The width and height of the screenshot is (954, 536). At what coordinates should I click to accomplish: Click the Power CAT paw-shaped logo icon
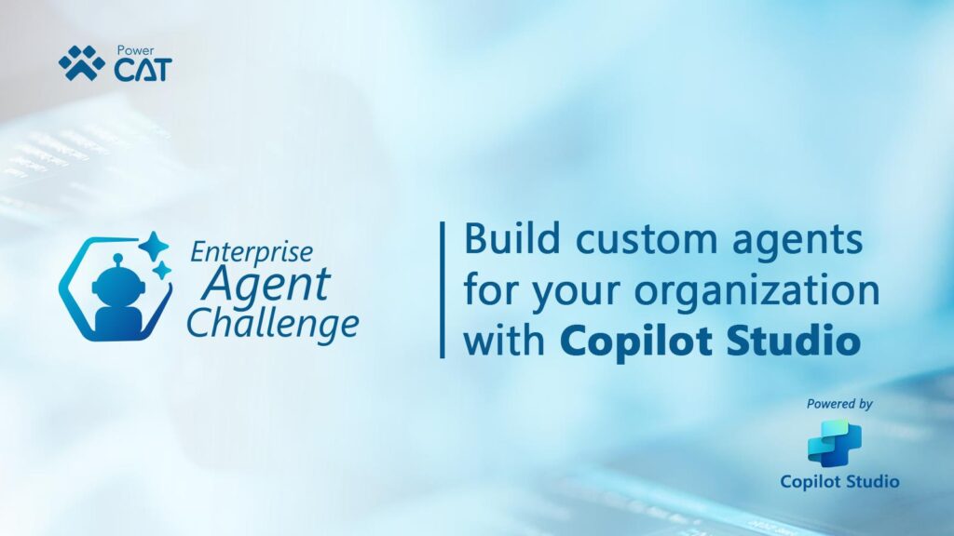pos(82,63)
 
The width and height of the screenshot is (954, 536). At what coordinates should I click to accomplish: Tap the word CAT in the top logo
pos(142,70)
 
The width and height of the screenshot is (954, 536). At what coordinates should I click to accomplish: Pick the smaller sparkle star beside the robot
pos(163,271)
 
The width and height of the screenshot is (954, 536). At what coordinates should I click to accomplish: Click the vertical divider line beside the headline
pos(442,289)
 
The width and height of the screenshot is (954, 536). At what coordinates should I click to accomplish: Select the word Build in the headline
pos(510,240)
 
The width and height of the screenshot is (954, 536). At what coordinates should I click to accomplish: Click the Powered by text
pos(840,404)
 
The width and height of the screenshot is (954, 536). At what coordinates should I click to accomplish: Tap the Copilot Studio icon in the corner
pos(835,442)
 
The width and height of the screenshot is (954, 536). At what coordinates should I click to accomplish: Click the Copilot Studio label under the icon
pos(839,481)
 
